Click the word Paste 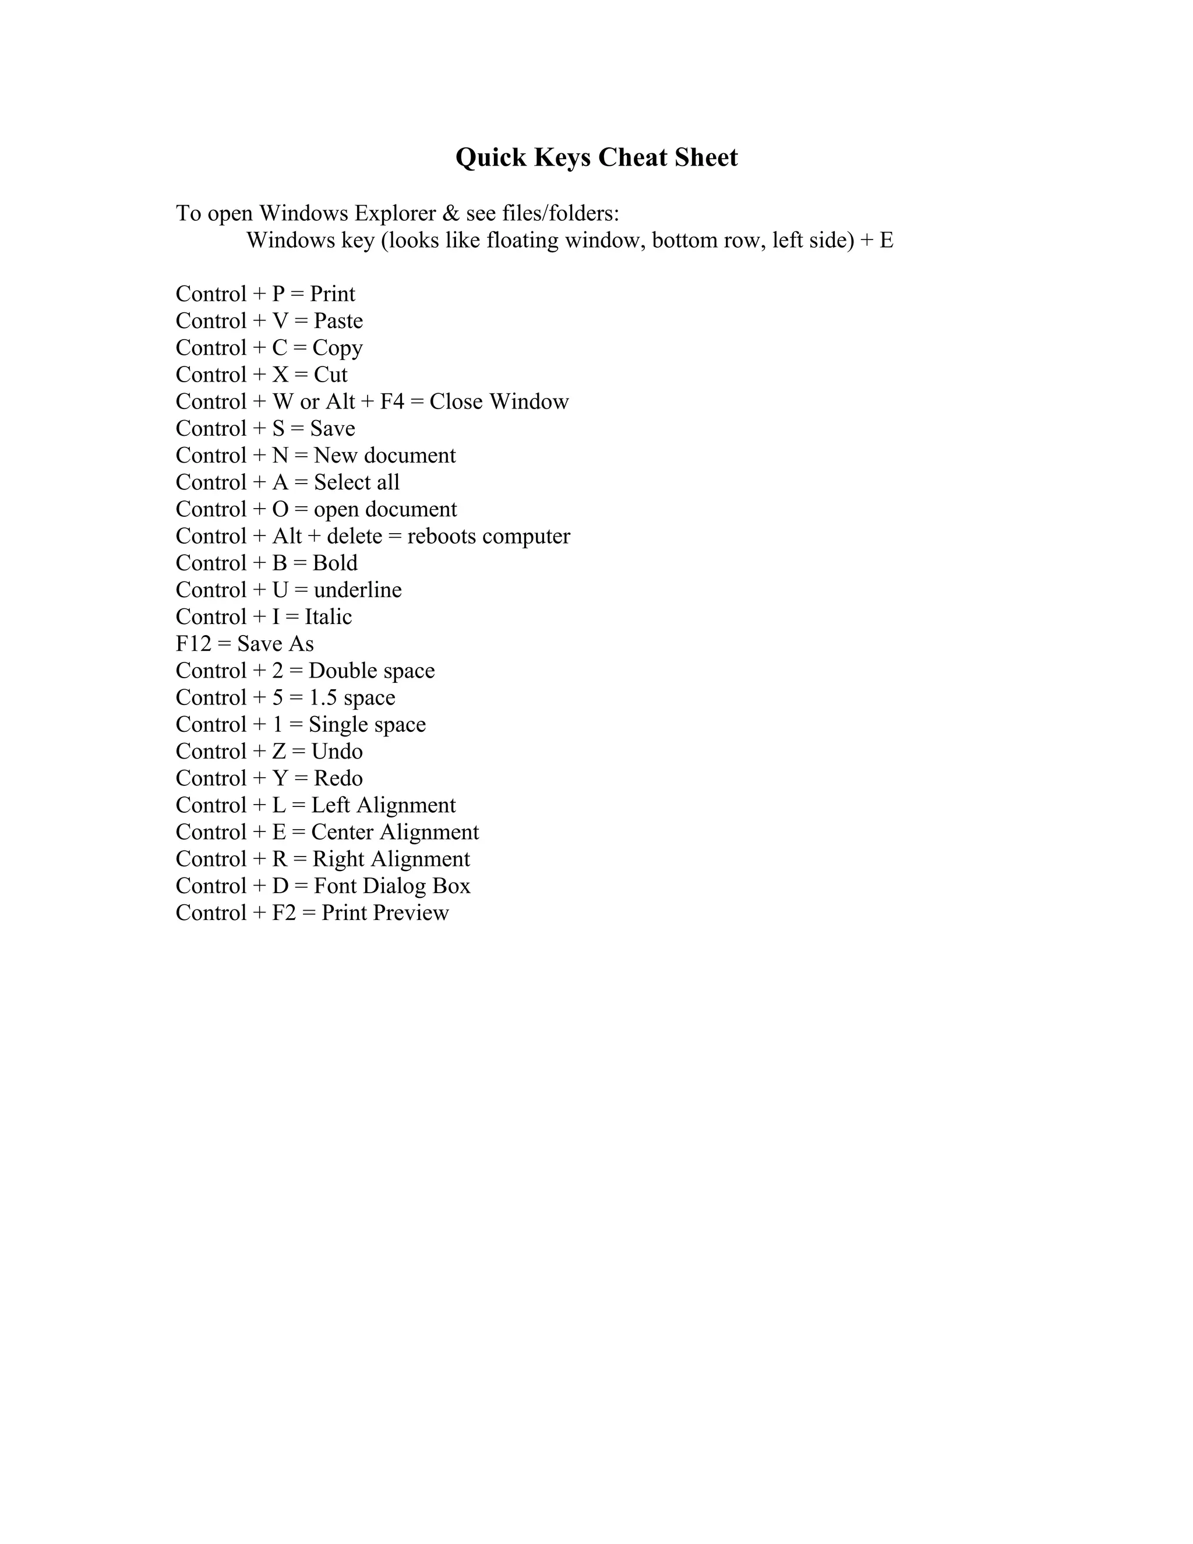(x=338, y=321)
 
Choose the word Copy (x=337, y=348)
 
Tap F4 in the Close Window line (x=391, y=401)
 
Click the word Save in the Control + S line (x=332, y=428)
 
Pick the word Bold (x=335, y=563)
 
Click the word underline (x=358, y=590)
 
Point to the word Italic (x=328, y=616)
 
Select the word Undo (x=337, y=752)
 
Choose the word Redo (x=338, y=778)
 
